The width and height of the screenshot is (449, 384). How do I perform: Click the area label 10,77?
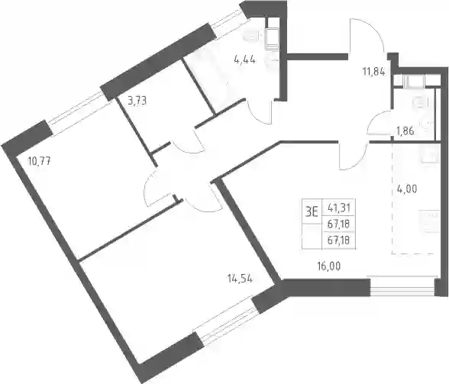[39, 162]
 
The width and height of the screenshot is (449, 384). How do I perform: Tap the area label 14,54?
[240, 279]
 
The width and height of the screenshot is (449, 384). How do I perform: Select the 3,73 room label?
[137, 101]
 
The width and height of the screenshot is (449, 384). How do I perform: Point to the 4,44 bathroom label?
[245, 60]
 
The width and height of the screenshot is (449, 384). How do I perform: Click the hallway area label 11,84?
[374, 72]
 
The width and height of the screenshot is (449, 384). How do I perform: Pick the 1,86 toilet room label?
[405, 131]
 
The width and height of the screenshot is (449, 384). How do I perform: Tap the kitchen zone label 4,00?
[406, 189]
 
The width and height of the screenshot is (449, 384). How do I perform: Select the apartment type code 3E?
[312, 213]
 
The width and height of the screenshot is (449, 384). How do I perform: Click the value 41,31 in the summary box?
[339, 207]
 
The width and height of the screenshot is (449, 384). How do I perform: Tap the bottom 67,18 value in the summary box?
[338, 240]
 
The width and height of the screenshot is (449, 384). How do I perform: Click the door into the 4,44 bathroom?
[260, 112]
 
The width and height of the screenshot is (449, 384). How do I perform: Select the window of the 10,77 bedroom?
[80, 112]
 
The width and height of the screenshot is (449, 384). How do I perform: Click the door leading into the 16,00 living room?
[353, 156]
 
